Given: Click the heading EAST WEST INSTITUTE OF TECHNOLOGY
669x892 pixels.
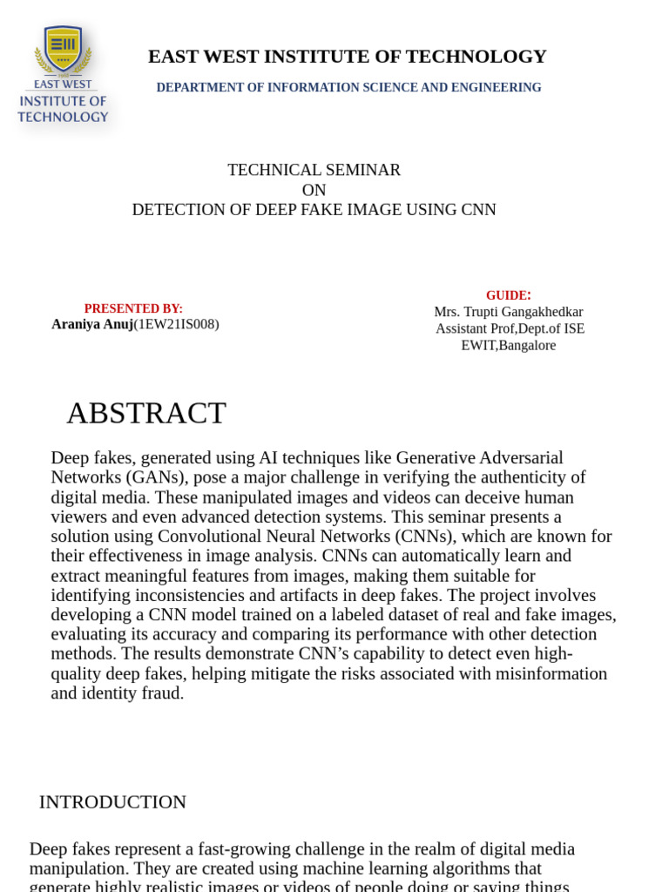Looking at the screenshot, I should coord(347,57).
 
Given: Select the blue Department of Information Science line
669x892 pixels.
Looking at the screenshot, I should coord(348,88).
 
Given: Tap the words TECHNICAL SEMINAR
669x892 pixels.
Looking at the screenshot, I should coord(314,170).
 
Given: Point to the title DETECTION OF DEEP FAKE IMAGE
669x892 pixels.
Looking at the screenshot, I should coord(314,210).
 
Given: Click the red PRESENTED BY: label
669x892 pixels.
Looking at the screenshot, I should coord(133,308).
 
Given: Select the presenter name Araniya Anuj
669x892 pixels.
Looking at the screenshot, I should coord(92,324).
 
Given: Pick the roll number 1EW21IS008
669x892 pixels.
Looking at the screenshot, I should coord(176,324).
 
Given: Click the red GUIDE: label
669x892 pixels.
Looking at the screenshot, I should coord(508,295).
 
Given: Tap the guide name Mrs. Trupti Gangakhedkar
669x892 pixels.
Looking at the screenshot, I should coord(508,312).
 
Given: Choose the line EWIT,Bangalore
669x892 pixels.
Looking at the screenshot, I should coord(508,345).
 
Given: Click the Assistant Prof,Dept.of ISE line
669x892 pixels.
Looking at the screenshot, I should coord(510,328).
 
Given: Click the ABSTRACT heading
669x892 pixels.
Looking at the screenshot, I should coord(146,413).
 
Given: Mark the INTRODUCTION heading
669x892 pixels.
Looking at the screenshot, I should coord(112,801).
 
